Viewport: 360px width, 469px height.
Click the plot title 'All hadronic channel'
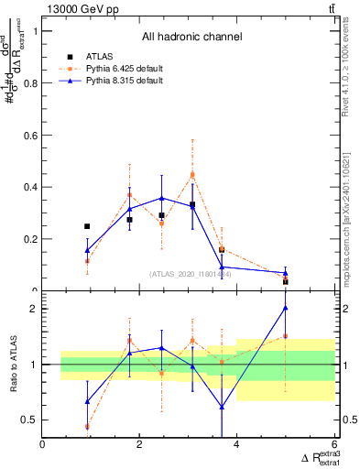[x=191, y=38]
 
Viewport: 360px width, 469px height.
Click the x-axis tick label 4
[x=236, y=445]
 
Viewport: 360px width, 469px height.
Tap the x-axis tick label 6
[x=333, y=445]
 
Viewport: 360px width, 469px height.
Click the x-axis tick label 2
[x=139, y=445]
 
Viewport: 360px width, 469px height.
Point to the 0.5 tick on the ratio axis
[x=31, y=420]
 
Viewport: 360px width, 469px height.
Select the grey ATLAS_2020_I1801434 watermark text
[x=191, y=274]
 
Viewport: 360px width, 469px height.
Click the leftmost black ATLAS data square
[x=87, y=226]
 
